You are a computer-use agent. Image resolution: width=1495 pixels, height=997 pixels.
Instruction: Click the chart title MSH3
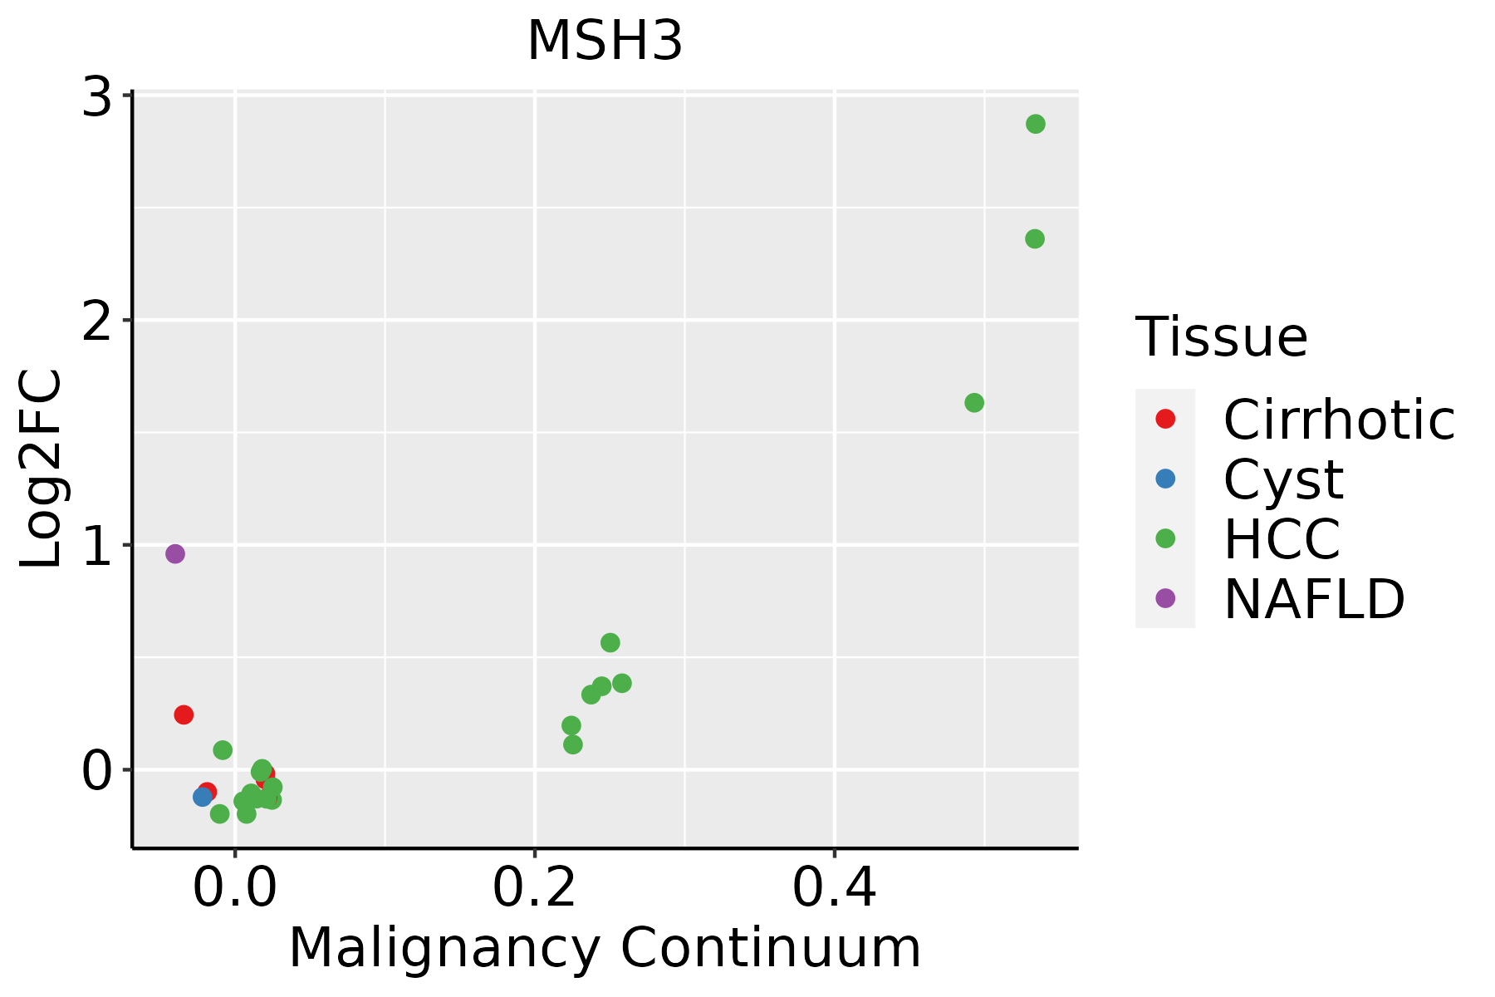605,42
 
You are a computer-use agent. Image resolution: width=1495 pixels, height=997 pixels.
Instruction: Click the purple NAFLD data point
174,554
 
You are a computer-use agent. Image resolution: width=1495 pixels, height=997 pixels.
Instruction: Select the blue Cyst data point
203,797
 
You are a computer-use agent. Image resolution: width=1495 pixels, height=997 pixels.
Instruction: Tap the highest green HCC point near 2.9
1035,125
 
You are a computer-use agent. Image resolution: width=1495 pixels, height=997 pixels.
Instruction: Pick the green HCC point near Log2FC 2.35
1034,239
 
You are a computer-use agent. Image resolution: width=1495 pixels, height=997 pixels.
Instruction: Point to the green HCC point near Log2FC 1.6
974,403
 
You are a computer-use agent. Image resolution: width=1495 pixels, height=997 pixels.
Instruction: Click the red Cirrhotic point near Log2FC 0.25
184,715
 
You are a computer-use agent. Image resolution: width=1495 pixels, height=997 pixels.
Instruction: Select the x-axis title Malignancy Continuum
605,949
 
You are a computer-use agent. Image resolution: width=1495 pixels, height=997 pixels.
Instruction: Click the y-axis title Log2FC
42,469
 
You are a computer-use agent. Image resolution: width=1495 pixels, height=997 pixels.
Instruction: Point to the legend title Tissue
1221,337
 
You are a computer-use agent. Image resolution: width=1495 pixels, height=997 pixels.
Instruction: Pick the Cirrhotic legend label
1339,420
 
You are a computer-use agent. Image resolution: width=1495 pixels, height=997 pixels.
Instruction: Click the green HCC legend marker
1165,538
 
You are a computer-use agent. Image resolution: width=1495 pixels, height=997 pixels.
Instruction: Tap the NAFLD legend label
1314,599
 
